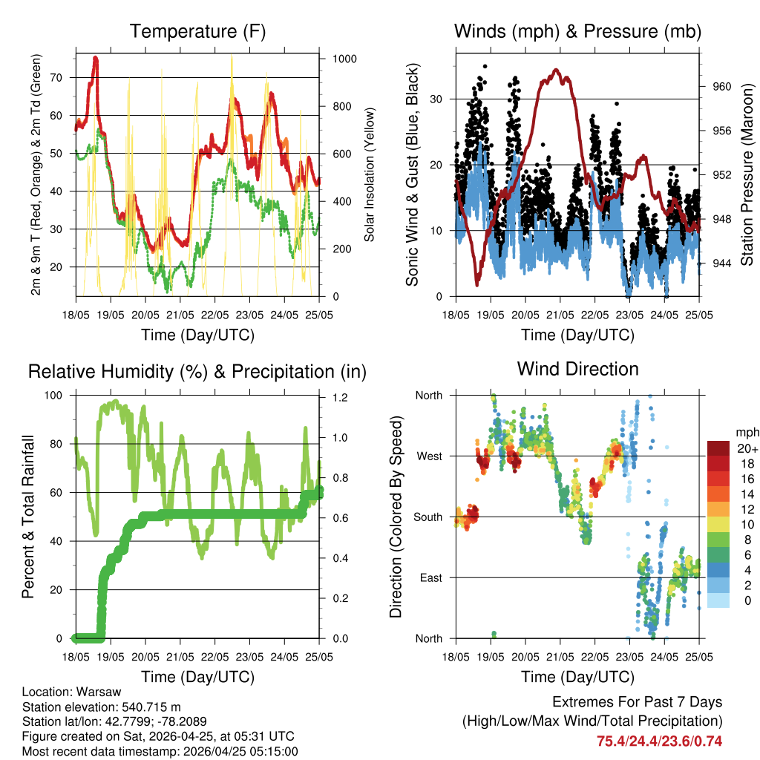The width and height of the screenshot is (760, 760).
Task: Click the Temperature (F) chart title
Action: (x=197, y=32)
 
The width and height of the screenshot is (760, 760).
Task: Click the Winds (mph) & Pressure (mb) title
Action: (x=577, y=32)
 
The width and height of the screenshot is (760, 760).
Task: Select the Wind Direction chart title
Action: (x=577, y=369)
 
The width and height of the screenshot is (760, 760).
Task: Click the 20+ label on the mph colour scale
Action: (x=747, y=449)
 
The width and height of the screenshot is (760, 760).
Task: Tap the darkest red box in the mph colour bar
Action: (x=718, y=448)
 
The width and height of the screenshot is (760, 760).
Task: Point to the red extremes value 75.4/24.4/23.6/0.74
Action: (x=659, y=741)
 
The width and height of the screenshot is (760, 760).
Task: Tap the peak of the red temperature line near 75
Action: (x=95, y=58)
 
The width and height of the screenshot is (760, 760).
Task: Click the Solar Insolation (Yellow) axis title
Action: (x=369, y=174)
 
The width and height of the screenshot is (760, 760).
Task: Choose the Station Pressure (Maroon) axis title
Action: (x=747, y=174)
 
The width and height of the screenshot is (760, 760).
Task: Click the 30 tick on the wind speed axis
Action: (x=438, y=99)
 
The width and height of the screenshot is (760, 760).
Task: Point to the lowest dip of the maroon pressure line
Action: (x=477, y=284)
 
